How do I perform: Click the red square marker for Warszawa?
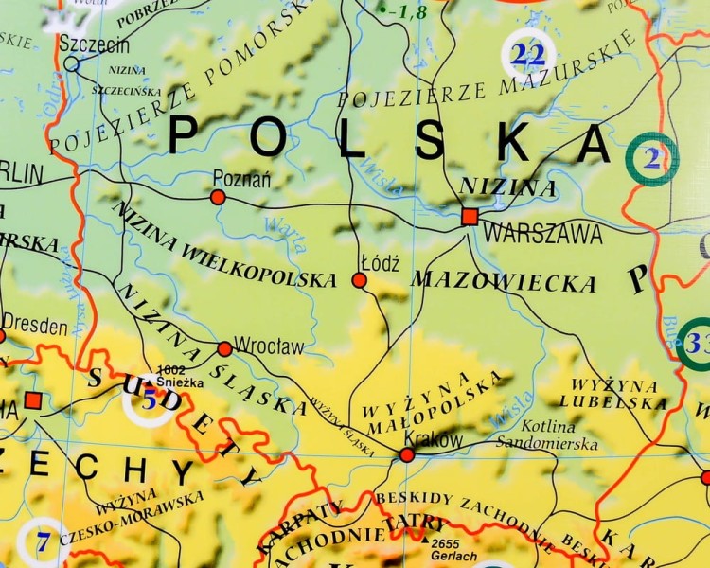(470, 217)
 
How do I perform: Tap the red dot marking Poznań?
(218, 197)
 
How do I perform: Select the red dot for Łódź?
(359, 280)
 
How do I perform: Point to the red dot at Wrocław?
(224, 349)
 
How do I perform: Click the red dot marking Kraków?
(407, 455)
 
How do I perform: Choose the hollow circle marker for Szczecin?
(72, 63)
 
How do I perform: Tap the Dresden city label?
(35, 328)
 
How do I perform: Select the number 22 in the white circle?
(528, 55)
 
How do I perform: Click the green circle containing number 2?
(652, 159)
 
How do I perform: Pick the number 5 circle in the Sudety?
(149, 400)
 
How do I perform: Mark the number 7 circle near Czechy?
(43, 543)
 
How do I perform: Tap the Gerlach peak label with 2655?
(453, 550)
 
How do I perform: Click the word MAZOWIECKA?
(504, 281)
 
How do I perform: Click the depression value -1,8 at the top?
(404, 11)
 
